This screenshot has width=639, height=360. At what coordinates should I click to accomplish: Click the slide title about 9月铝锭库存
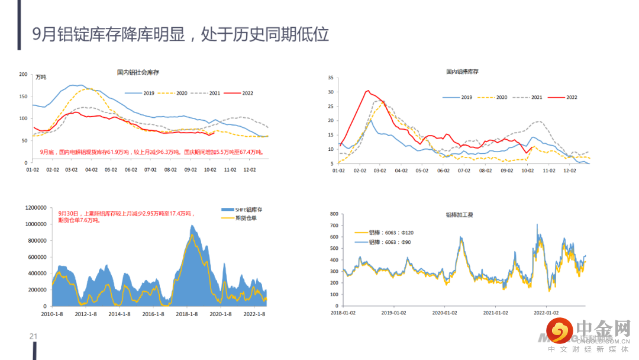180,34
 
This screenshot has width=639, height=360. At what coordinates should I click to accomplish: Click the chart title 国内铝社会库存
138,72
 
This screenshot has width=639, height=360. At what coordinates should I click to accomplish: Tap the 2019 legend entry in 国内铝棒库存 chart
459,97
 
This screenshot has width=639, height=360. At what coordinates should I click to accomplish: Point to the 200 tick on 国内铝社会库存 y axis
24,74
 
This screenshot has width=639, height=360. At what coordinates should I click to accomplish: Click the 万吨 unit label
41,78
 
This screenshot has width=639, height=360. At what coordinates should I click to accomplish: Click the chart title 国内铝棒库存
462,72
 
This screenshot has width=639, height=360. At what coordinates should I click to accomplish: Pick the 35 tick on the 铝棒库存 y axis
331,78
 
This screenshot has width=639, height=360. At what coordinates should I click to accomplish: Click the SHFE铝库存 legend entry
242,210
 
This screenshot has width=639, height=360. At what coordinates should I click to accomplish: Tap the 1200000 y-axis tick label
35,208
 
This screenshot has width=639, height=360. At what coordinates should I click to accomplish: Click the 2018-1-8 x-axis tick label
185,314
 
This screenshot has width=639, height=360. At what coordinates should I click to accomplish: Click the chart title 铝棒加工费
459,214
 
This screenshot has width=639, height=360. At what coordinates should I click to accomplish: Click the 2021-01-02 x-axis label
495,313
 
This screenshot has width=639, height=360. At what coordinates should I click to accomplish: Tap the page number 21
34,337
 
